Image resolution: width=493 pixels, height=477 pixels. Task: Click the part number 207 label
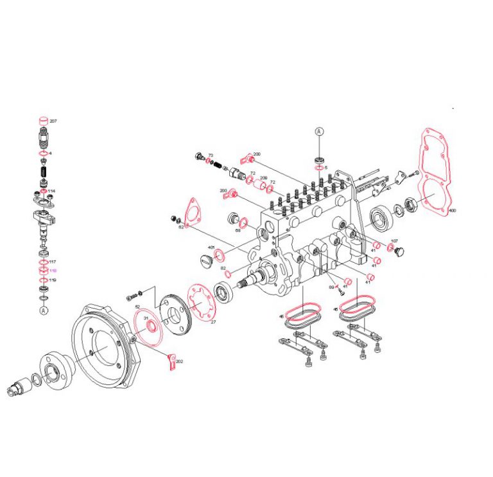(54, 122)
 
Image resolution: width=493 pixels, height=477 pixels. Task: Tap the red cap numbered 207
(43, 121)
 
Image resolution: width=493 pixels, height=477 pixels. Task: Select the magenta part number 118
(53, 271)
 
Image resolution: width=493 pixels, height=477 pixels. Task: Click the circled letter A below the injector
(44, 310)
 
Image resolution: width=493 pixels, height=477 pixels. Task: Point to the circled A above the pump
(319, 131)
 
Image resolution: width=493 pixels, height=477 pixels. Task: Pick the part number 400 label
(453, 210)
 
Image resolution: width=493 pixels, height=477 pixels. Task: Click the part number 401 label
(211, 248)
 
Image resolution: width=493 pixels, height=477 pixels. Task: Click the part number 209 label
(263, 177)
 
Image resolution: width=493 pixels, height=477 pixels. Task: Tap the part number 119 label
(53, 280)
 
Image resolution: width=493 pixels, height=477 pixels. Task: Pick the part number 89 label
(331, 287)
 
